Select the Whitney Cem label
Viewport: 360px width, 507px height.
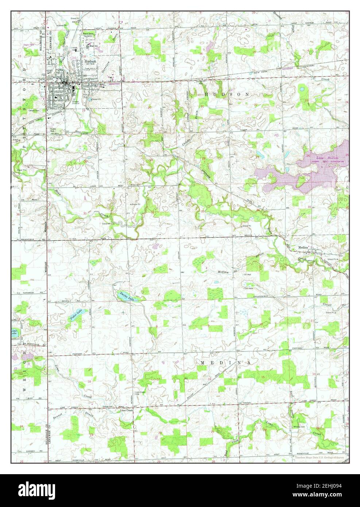tap(299, 427)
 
